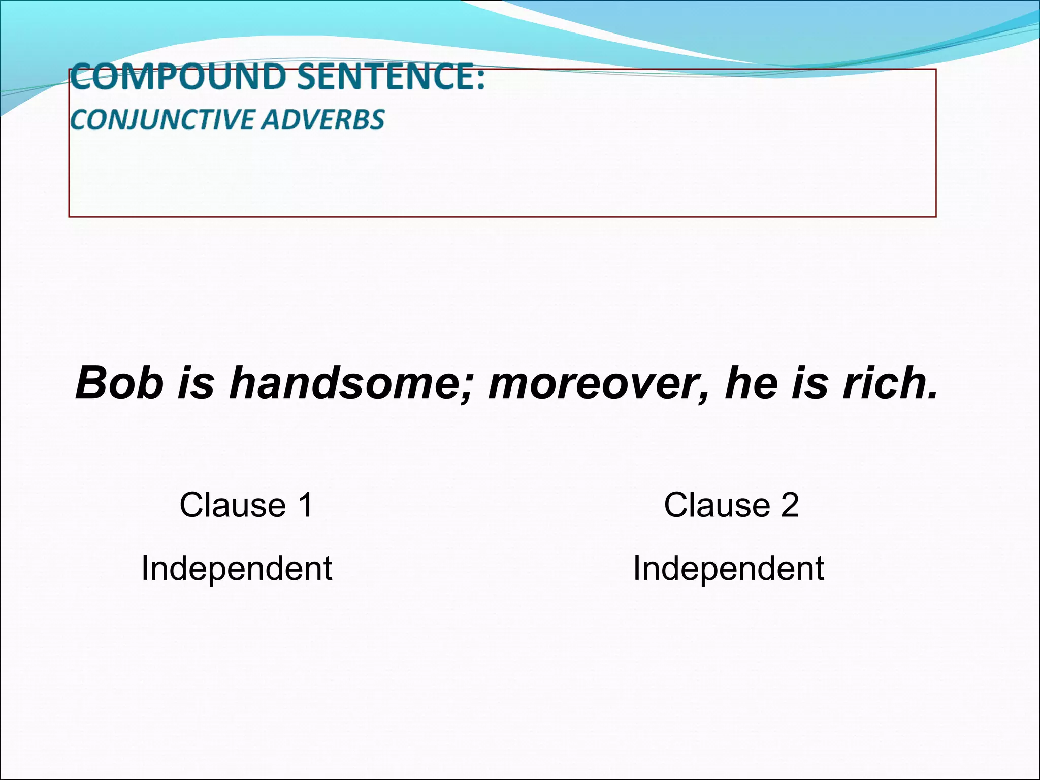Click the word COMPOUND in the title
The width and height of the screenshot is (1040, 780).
(x=178, y=77)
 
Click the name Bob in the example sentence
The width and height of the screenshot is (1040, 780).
(x=119, y=383)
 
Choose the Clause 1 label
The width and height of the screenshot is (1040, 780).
(x=246, y=505)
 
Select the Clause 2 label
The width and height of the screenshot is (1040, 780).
(x=731, y=505)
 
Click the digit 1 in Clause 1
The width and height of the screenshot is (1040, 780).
(x=306, y=505)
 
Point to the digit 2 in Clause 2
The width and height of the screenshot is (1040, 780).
(x=790, y=505)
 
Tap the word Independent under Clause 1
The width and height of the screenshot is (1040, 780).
(x=237, y=569)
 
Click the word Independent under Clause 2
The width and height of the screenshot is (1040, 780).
(x=728, y=569)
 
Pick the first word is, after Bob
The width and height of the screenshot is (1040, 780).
(x=196, y=383)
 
